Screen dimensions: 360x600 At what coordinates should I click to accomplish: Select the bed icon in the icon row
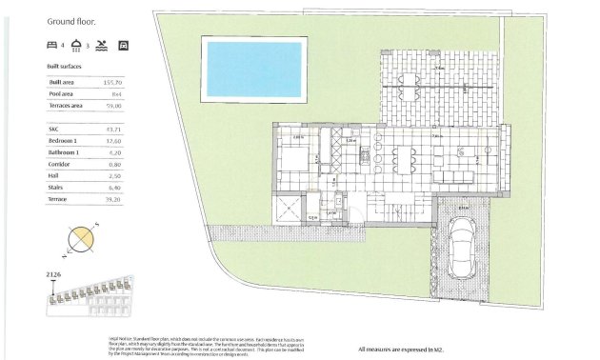pos(52,45)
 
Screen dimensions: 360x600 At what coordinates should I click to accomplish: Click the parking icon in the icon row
pos(122,45)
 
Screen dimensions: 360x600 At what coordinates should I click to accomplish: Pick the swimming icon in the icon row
pos(102,45)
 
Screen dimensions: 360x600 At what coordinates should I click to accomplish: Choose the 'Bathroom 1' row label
pos(64,152)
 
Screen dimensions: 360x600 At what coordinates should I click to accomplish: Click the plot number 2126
pos(53,275)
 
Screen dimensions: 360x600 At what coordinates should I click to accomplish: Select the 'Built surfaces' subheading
pos(65,66)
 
